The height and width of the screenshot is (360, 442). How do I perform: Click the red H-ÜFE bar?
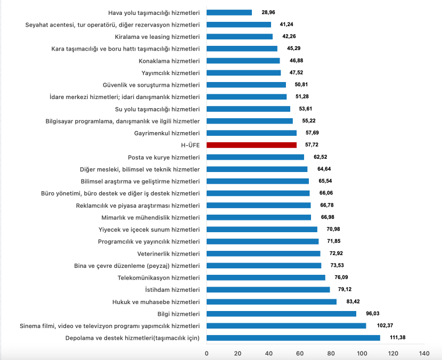pyautogui.click(x=251, y=145)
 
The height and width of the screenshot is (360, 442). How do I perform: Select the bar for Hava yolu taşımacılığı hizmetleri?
pyautogui.click(x=229, y=12)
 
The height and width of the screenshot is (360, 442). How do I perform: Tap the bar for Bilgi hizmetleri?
pyautogui.click(x=281, y=314)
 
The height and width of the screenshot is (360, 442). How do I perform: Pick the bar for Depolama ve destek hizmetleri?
pyautogui.click(x=293, y=338)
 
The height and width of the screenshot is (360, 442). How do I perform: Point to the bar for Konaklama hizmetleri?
pyautogui.click(x=243, y=61)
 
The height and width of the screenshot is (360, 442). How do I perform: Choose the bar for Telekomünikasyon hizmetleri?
pyautogui.click(x=266, y=277)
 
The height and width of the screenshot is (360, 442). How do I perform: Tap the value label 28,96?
pyautogui.click(x=268, y=12)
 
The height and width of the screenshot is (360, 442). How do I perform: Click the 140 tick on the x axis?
pyautogui.click(x=424, y=353)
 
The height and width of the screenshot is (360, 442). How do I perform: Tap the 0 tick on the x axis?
pyautogui.click(x=207, y=353)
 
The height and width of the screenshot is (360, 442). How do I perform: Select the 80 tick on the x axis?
pyautogui.click(x=331, y=353)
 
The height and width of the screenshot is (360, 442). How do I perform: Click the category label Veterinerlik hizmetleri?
pyautogui.click(x=168, y=253)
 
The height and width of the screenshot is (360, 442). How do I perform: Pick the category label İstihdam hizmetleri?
pyautogui.click(x=173, y=290)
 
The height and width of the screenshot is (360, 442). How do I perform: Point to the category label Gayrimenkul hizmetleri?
pyautogui.click(x=167, y=133)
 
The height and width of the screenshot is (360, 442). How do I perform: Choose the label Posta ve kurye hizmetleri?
pyautogui.click(x=164, y=157)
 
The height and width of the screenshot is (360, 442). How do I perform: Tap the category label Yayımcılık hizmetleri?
pyautogui.click(x=170, y=72)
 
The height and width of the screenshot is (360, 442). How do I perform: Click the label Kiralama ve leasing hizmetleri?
pyautogui.click(x=157, y=36)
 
